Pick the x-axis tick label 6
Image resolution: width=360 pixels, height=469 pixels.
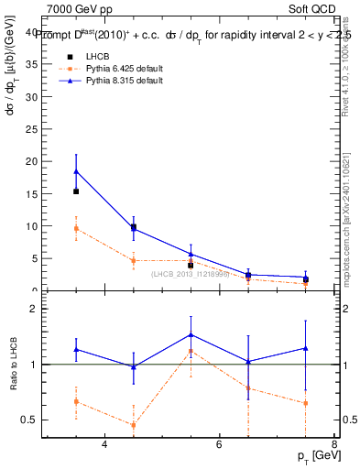tap(219, 444)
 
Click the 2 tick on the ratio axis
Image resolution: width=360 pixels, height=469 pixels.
tap(35, 309)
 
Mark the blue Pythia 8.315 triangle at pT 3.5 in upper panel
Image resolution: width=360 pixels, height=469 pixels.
tap(76, 170)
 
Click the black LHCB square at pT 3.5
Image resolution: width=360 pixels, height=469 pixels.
tap(76, 191)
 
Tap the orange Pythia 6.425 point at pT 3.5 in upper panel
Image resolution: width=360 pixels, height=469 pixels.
tap(76, 228)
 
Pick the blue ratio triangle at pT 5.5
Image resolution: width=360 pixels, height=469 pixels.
tap(191, 334)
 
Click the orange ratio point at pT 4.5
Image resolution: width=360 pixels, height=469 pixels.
tap(134, 425)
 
